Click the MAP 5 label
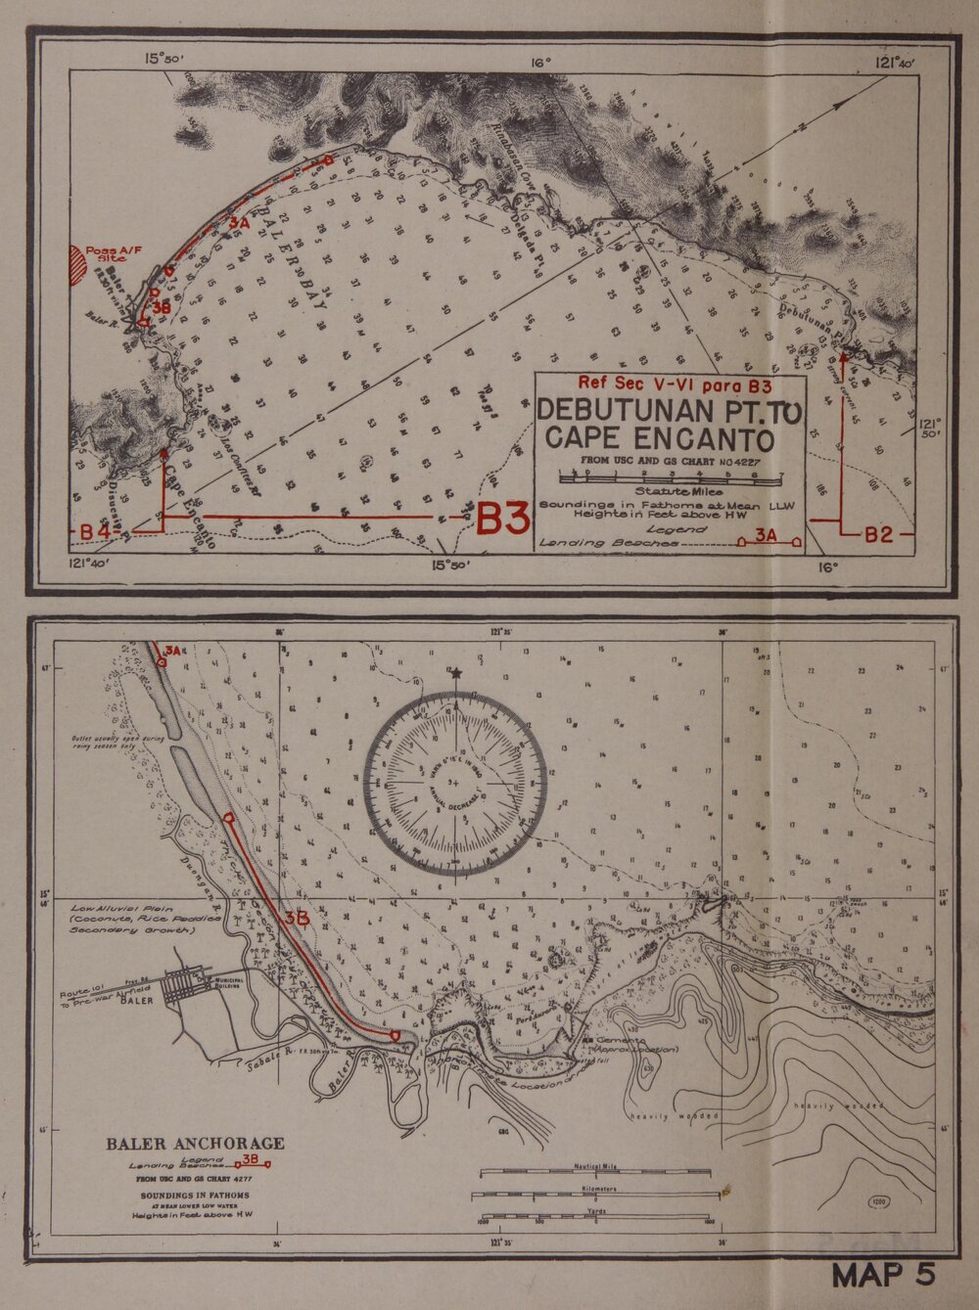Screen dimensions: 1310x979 (883, 1275)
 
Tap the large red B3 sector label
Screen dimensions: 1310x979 (502, 519)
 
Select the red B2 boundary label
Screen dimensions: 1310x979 (878, 534)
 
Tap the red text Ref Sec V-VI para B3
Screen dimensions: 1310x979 (675, 383)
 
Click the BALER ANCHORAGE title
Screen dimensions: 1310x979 (195, 1143)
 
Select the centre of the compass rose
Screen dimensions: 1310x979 (454, 782)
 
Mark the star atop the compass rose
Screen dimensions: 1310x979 (454, 673)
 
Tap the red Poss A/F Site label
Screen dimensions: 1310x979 (113, 254)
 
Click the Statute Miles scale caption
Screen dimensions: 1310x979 (678, 491)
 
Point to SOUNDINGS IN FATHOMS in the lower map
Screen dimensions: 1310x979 (195, 1195)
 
